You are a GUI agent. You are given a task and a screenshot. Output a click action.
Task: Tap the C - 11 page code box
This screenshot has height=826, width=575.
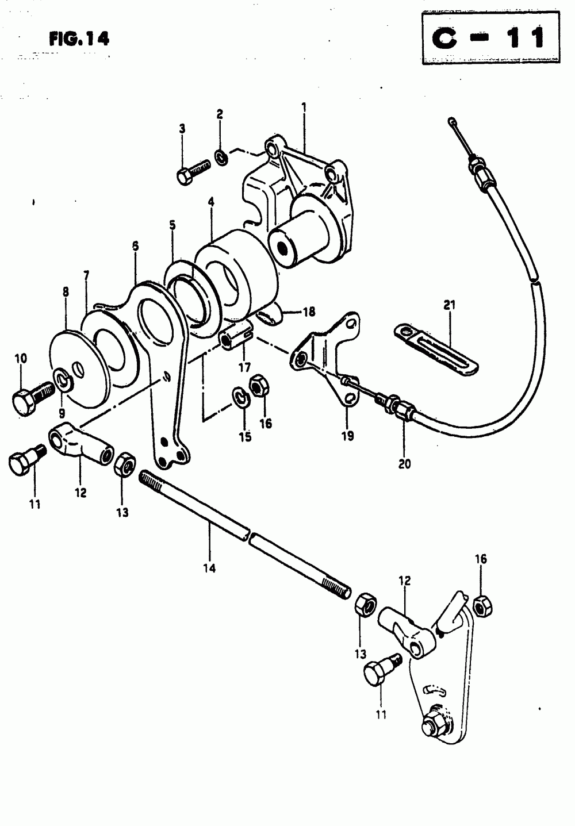click(x=491, y=39)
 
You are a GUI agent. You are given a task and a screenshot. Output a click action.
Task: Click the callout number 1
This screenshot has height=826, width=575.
click(x=304, y=107)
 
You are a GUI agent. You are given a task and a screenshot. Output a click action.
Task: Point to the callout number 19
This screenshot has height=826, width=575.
click(x=347, y=435)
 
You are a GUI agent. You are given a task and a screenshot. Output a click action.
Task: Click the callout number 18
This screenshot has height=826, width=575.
click(x=309, y=312)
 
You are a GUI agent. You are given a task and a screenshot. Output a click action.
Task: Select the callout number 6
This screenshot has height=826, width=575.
click(x=135, y=245)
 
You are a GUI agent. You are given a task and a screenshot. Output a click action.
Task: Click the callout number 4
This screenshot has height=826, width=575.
click(x=211, y=202)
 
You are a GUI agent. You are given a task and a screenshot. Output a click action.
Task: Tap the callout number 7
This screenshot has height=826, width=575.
click(x=86, y=276)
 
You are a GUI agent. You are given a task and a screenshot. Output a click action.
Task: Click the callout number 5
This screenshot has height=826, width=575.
click(x=172, y=226)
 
